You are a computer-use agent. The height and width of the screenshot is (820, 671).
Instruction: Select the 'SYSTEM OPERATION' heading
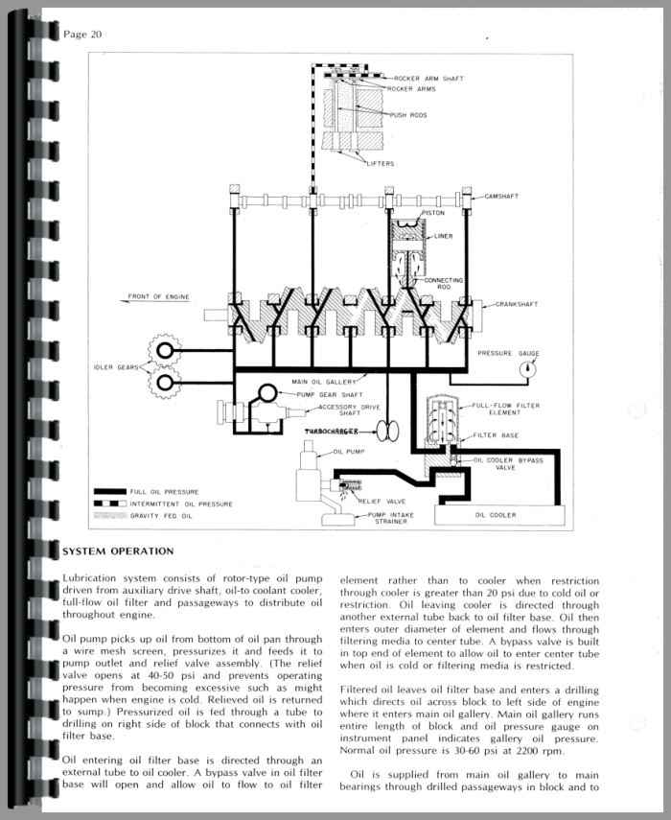pyautogui.click(x=117, y=551)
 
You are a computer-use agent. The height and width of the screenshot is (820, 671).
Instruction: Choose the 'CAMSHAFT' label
pyautogui.click(x=501, y=197)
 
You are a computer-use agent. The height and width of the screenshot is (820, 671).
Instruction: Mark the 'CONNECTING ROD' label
pyautogui.click(x=444, y=284)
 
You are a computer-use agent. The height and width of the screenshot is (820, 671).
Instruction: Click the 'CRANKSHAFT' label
pyautogui.click(x=517, y=305)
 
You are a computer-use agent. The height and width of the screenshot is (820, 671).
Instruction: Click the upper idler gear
pyautogui.click(x=165, y=352)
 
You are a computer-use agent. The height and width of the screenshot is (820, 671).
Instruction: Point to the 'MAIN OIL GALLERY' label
pyautogui.click(x=322, y=382)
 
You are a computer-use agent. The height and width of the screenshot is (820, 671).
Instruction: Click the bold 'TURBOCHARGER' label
pyautogui.click(x=337, y=433)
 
